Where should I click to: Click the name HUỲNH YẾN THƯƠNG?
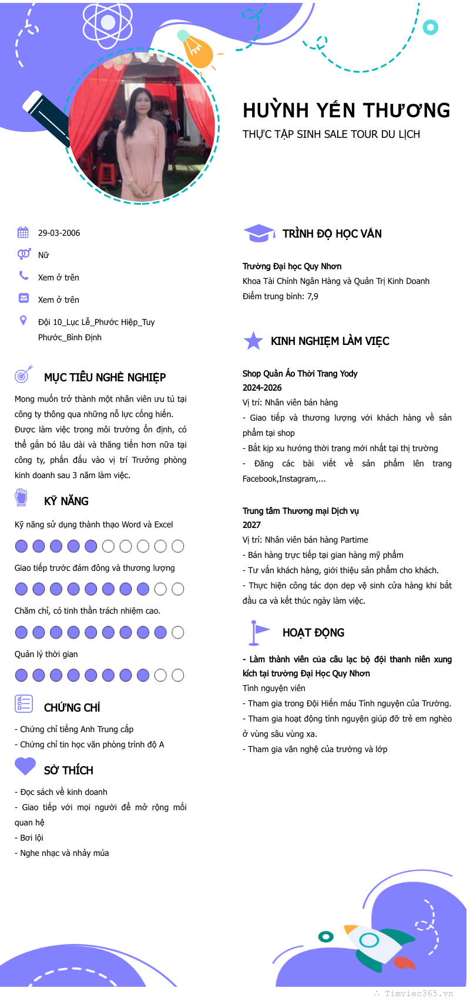point(347,110)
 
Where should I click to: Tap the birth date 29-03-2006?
point(59,233)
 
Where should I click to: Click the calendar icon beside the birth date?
point(23,232)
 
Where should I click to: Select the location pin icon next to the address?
point(23,320)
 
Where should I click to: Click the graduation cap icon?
point(258,233)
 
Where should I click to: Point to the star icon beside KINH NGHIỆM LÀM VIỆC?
point(253,341)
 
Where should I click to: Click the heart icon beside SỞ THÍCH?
point(25,766)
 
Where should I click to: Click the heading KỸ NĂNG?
point(66,501)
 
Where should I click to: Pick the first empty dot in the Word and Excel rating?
point(108,546)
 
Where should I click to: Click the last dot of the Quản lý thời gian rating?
point(177,675)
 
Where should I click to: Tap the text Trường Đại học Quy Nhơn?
point(292,266)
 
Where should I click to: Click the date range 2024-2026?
point(262,388)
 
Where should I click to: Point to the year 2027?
point(251,525)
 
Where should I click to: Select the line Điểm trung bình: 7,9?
point(280,296)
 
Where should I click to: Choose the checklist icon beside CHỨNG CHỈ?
point(23,703)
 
